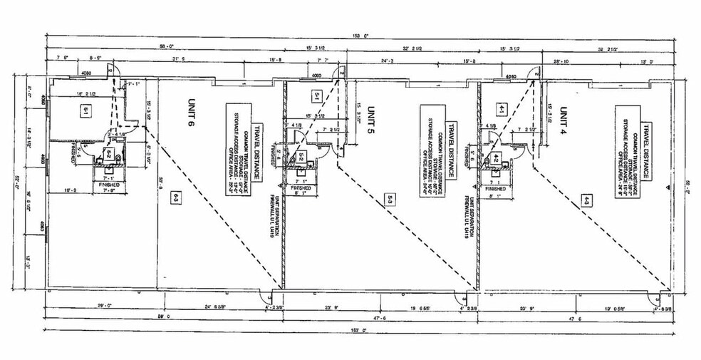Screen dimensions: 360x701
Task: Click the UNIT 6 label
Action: click(191, 110)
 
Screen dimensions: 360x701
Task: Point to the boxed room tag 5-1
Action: click(317, 94)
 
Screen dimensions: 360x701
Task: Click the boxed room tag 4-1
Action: click(502, 109)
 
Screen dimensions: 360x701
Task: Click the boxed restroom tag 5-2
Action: click(301, 156)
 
